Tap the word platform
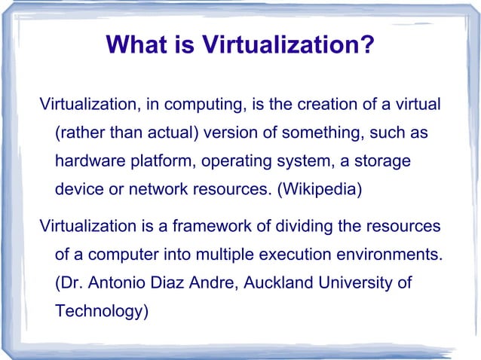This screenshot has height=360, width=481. tap(153, 161)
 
